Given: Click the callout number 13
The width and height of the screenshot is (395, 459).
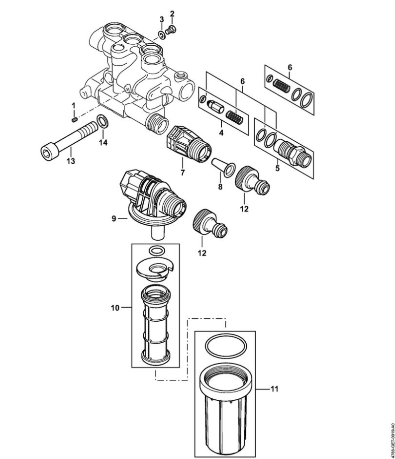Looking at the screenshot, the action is click(71, 161).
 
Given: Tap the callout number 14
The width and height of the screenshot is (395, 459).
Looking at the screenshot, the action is click(103, 143).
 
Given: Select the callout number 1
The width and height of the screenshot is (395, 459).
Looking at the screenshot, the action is click(74, 105).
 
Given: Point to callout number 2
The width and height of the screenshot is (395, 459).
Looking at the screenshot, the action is click(172, 13).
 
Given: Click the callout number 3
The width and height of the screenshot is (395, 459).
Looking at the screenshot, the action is click(162, 19).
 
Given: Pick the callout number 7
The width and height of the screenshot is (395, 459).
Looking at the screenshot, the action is click(183, 173).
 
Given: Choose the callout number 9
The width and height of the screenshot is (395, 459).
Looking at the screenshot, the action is click(114, 218).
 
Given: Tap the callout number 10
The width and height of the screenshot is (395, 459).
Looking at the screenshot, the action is click(115, 308).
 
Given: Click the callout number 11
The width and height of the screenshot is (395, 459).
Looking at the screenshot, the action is click(274, 389).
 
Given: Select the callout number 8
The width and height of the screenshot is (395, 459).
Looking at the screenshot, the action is click(220, 186).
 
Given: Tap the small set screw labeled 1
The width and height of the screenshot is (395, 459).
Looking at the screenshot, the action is click(74, 119).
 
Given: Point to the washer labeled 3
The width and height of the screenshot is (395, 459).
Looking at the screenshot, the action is click(162, 35).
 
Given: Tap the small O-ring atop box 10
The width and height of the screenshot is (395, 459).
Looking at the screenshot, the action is click(157, 251).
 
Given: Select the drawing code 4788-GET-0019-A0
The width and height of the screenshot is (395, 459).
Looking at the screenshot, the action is click(393, 438).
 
